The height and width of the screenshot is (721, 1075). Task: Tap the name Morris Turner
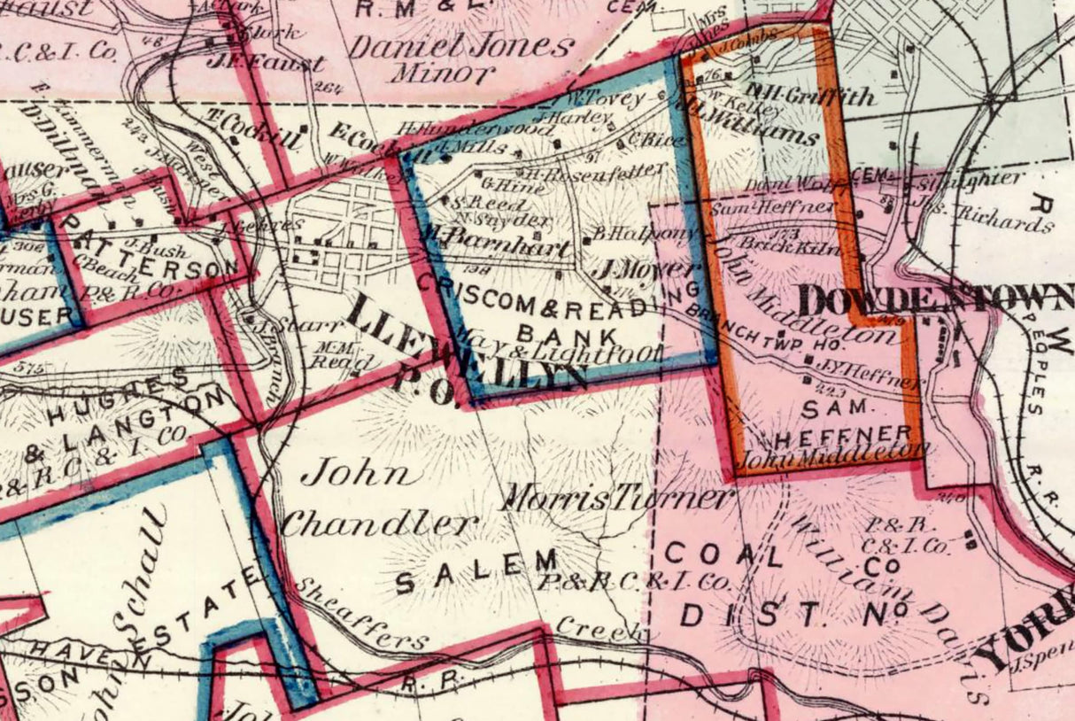click(616, 498)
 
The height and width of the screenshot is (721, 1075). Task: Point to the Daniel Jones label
click(460, 45)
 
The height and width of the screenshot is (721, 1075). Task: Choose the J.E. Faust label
click(264, 64)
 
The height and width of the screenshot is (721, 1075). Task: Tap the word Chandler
click(379, 524)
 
